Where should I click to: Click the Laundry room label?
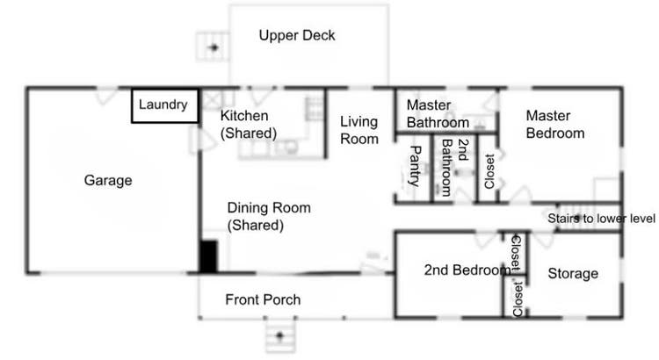click(x=163, y=104)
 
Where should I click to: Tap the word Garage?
click(x=108, y=180)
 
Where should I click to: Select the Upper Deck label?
click(x=297, y=35)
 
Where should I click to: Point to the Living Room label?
click(x=359, y=130)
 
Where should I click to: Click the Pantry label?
click(x=415, y=166)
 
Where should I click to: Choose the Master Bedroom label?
click(x=555, y=125)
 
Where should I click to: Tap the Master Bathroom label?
click(x=438, y=113)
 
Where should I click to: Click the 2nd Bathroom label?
click(x=454, y=167)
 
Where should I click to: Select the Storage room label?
click(x=573, y=273)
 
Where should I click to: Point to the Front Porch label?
click(x=263, y=299)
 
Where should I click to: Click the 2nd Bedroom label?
click(x=467, y=270)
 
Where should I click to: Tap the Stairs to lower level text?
click(x=601, y=219)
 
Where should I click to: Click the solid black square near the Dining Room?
click(x=208, y=256)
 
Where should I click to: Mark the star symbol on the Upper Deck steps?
click(x=214, y=47)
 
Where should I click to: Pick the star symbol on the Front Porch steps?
click(x=280, y=335)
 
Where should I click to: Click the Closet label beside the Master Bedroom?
click(x=489, y=171)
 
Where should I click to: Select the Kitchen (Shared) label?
click(x=249, y=125)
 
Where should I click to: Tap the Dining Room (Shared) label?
click(x=269, y=216)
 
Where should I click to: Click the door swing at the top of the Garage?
click(x=106, y=97)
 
